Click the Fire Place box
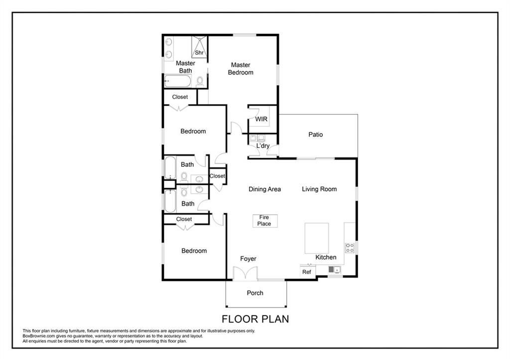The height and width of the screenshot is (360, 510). (265, 221)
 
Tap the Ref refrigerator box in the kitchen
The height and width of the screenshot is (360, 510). (307, 271)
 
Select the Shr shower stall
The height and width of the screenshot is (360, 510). (199, 47)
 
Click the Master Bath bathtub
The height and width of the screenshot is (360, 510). (178, 81)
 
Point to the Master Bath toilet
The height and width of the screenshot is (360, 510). (200, 81)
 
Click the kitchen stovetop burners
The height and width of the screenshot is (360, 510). (350, 248)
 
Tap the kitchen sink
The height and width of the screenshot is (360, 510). (334, 269)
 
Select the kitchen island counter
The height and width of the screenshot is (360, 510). (316, 238)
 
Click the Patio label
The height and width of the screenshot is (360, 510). (315, 134)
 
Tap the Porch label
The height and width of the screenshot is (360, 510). (255, 293)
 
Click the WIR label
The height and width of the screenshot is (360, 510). (261, 119)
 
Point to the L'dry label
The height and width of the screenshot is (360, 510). (263, 146)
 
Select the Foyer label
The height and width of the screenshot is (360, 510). (248, 259)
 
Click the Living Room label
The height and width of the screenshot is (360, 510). (319, 189)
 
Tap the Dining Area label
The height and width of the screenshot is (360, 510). (265, 189)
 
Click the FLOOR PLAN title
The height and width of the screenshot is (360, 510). (255, 319)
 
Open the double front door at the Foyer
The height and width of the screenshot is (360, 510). (245, 273)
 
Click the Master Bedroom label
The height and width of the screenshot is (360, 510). (241, 69)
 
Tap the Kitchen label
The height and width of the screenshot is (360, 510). (326, 257)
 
